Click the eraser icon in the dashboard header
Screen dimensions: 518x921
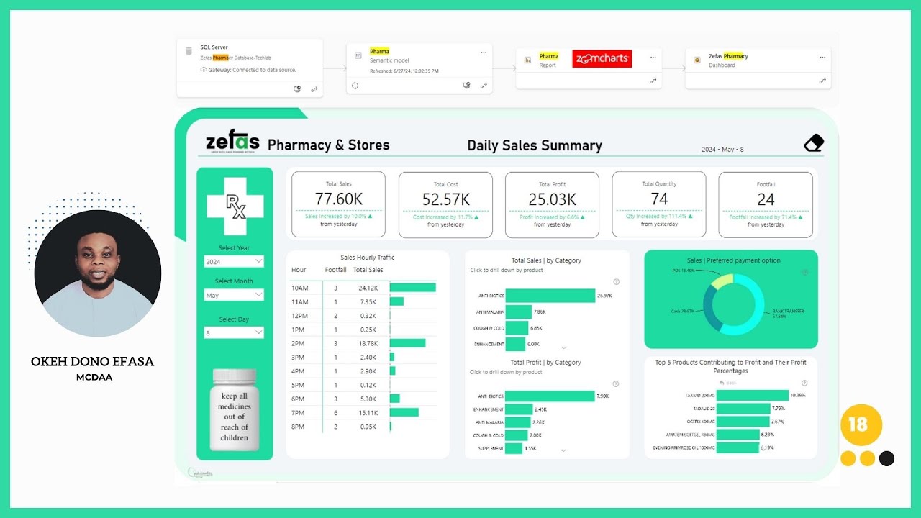click(x=813, y=143)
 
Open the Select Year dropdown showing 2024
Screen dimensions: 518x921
click(x=234, y=262)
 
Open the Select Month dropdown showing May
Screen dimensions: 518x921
click(x=234, y=295)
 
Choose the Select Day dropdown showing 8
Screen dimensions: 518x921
click(x=234, y=332)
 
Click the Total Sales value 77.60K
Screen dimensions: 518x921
click(x=338, y=199)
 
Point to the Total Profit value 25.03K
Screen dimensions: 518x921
click(x=552, y=199)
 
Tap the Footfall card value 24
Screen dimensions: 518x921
click(x=766, y=199)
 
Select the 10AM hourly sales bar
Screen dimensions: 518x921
click(x=412, y=288)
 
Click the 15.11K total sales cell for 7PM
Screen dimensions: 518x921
click(x=368, y=412)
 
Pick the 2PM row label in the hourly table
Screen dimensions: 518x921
click(x=298, y=343)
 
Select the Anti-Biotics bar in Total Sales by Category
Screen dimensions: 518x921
click(x=550, y=296)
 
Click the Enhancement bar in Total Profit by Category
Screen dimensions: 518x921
click(x=518, y=409)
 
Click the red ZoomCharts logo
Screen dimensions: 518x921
click(x=602, y=59)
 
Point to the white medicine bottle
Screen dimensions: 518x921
click(x=235, y=410)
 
